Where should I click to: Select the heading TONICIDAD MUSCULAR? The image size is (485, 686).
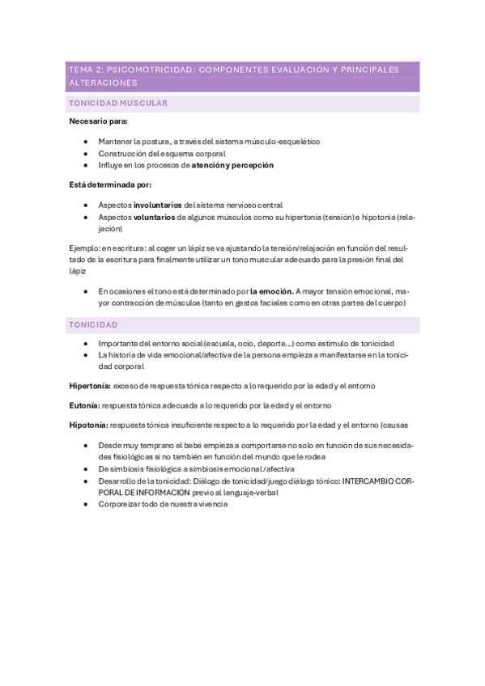coord(118,104)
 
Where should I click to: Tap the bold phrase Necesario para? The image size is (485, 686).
coord(93,121)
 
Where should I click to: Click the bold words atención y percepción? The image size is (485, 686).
coord(232,165)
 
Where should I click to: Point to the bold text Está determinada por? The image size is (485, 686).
coord(105,185)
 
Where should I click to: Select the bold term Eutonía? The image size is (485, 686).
coord(83,404)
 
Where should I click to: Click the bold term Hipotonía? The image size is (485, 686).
coord(88,424)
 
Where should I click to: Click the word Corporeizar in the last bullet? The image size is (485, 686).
coord(119,504)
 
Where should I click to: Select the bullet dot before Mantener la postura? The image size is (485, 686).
coord(86,142)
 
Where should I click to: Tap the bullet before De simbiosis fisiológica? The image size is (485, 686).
coord(86,468)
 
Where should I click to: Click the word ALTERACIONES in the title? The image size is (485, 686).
coord(103,83)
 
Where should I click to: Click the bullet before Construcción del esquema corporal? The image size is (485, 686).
coord(86,153)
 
